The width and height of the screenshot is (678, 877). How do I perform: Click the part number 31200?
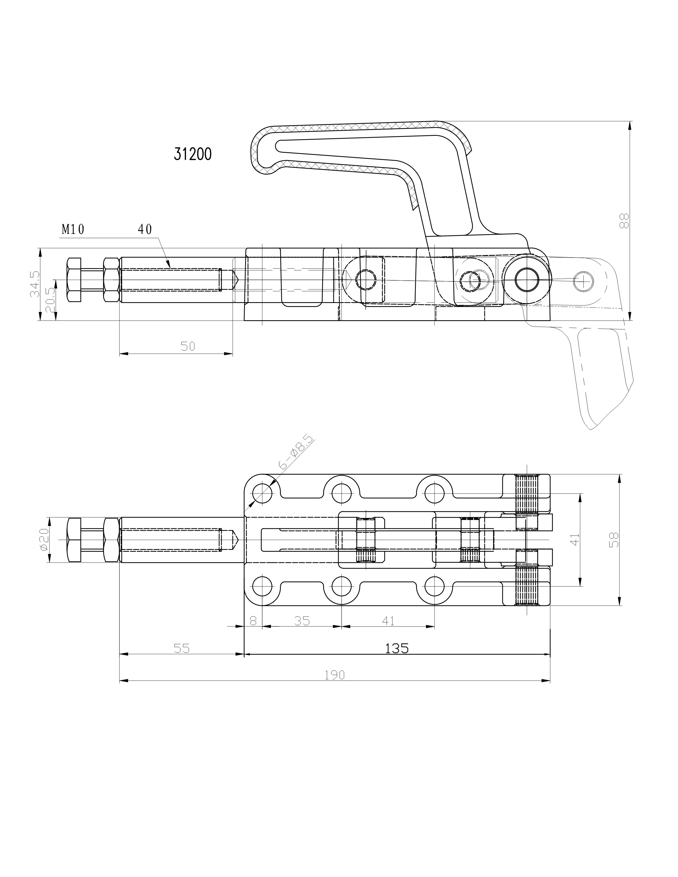192,154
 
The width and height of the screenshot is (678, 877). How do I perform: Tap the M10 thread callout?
73,229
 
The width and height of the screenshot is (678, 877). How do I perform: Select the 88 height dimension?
624,221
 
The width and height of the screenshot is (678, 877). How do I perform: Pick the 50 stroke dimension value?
187,346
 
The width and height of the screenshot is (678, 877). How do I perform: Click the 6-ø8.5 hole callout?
296,452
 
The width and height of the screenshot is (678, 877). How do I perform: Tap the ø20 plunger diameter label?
44,540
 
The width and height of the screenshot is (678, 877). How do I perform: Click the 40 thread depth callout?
145,229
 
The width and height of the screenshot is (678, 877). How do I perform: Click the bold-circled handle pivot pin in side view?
528,280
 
